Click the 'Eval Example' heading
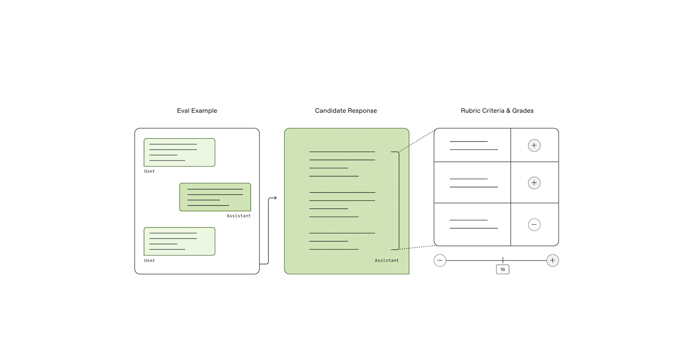(x=197, y=111)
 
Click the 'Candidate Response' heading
(x=346, y=111)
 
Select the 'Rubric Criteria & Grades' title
(x=497, y=111)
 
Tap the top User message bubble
(x=179, y=152)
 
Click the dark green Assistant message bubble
(x=215, y=197)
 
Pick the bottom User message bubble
(x=179, y=241)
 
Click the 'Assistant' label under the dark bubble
(x=239, y=216)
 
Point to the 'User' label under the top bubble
(x=149, y=171)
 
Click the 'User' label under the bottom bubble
(x=149, y=260)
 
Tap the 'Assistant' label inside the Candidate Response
(x=386, y=260)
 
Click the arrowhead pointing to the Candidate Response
(x=275, y=198)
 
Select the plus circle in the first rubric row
(x=534, y=145)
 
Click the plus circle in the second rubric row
(x=534, y=183)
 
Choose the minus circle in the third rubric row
(x=534, y=224)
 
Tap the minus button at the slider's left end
(x=440, y=260)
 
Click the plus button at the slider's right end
(x=553, y=260)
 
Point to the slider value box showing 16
(x=502, y=269)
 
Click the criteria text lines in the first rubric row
(x=474, y=145)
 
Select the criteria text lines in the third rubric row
(x=474, y=224)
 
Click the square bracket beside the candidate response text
(x=399, y=201)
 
